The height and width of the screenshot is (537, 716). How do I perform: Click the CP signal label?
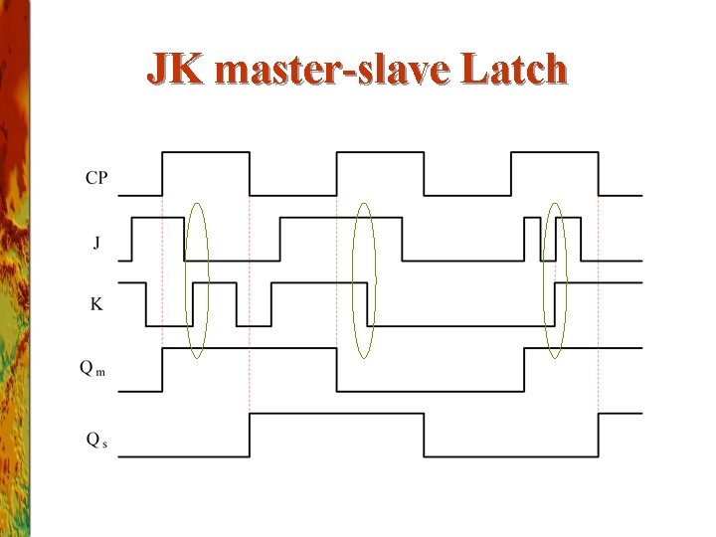(96, 179)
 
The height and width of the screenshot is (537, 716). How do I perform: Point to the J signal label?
(95, 243)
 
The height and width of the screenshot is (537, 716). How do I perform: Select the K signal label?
(95, 304)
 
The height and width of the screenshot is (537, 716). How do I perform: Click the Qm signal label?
(92, 368)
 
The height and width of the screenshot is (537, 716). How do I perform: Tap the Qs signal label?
(95, 438)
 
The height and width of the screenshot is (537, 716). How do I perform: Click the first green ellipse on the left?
(198, 280)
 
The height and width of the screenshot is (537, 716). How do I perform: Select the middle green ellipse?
(365, 280)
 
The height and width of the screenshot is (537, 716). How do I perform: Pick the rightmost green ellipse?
(555, 280)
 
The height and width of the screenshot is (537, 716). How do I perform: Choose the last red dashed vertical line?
(598, 298)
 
